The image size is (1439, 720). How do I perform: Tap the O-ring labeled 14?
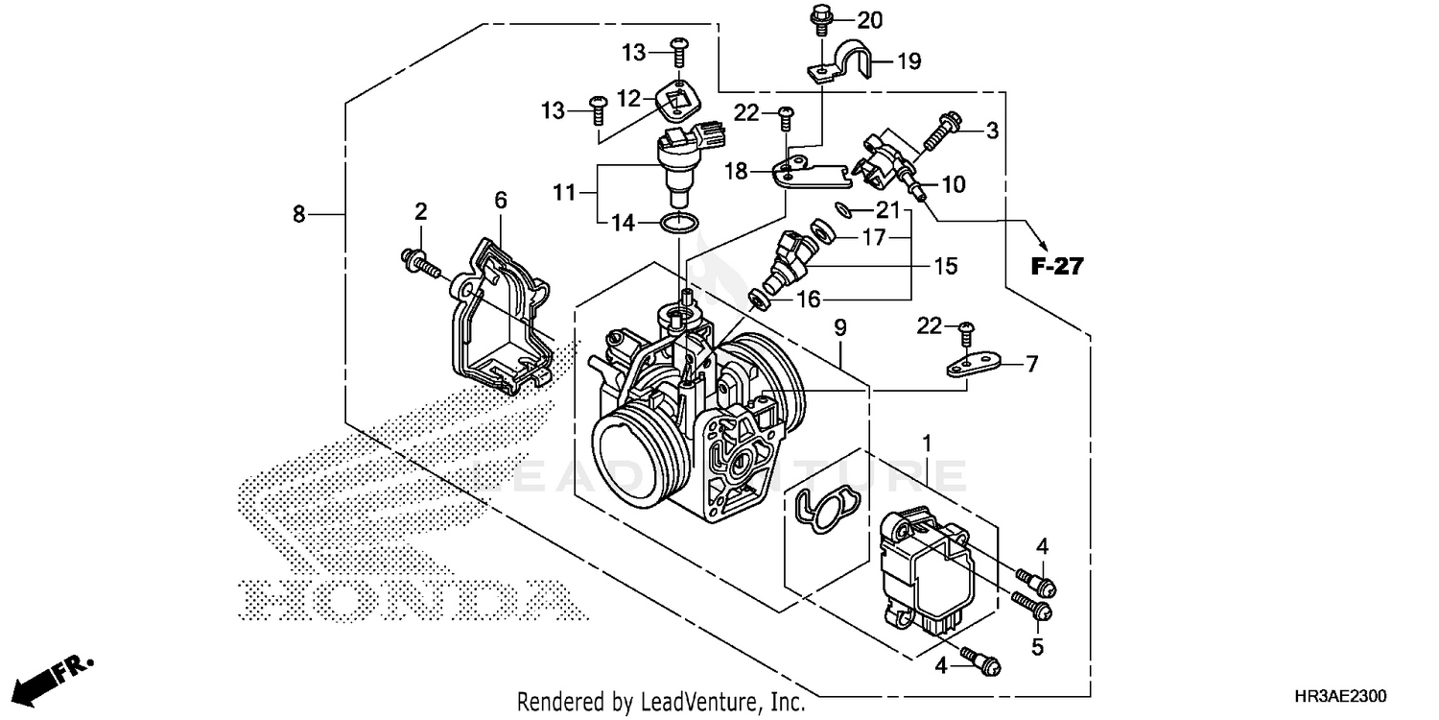click(x=679, y=224)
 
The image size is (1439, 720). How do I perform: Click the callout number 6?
click(x=500, y=200)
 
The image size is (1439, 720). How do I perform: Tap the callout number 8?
click(x=298, y=214)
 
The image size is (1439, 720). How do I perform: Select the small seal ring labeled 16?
click(x=758, y=300)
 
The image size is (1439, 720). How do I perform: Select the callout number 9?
click(x=839, y=328)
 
